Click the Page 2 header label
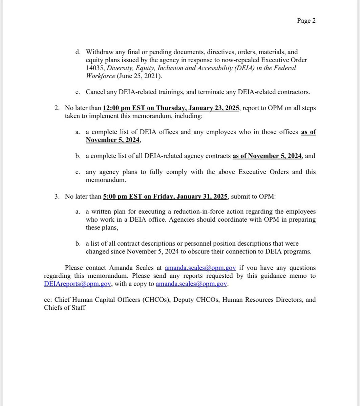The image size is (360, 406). [306, 21]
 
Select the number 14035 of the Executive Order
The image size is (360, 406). [93, 68]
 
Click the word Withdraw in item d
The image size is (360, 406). [99, 52]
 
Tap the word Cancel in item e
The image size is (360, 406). [95, 92]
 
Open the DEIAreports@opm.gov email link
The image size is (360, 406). [78, 284]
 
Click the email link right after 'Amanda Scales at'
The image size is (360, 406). [200, 268]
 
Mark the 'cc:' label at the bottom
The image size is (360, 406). [48, 300]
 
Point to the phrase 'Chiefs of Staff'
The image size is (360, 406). [65, 308]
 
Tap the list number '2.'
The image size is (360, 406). [56, 108]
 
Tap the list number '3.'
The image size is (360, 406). [56, 196]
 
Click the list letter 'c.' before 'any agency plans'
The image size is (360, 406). [78, 172]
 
